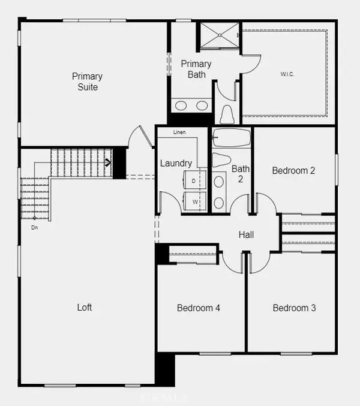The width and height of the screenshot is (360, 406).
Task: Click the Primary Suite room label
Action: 87,82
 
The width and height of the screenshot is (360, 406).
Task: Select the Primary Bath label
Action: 196,69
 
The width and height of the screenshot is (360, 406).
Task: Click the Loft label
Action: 85,307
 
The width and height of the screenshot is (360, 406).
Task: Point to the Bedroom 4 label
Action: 199,308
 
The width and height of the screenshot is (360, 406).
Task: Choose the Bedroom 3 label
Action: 294,308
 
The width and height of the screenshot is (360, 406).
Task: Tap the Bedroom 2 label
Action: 293,170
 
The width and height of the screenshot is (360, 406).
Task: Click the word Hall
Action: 246,234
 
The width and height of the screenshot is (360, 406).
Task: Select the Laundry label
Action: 176,163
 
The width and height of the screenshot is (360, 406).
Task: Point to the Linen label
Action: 179,132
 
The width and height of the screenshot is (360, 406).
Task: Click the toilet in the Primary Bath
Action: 227,114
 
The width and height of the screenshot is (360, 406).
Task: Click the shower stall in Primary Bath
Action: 219,35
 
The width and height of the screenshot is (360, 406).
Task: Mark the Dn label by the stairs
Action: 35,227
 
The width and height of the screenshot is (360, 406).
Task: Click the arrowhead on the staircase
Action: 109,161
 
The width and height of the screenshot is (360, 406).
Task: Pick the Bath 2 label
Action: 240,173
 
